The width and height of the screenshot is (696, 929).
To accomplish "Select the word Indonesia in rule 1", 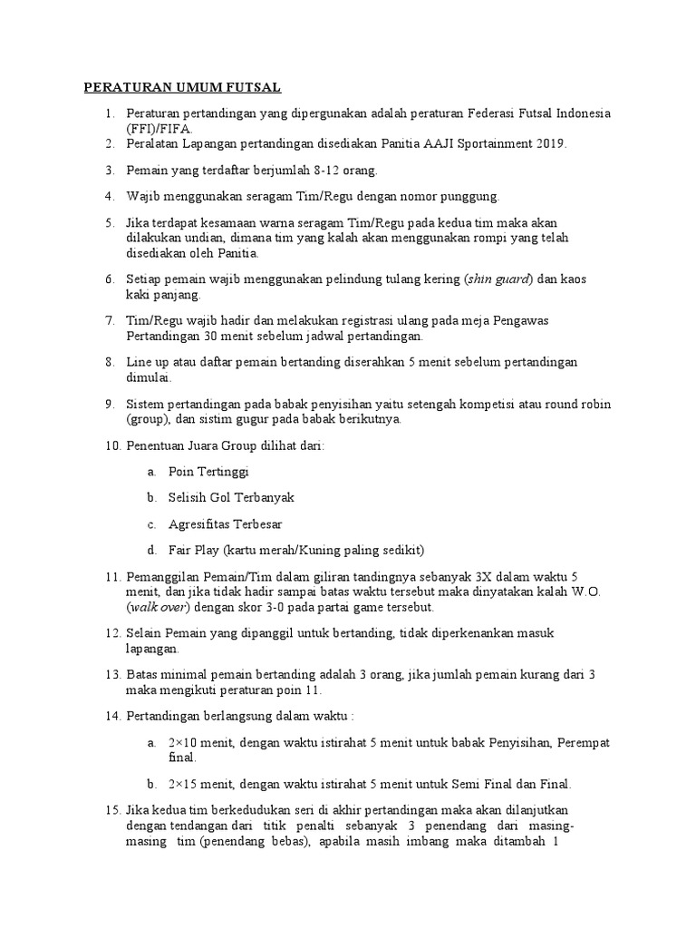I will point(583,113).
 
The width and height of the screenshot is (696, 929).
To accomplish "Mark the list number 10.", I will point(112,445).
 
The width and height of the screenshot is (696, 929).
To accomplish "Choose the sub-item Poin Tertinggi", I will point(208,472).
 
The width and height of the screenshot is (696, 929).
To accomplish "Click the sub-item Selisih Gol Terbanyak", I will point(231,498).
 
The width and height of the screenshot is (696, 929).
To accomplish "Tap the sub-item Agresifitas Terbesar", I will point(225,524).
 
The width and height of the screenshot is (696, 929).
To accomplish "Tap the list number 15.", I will point(112,810).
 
